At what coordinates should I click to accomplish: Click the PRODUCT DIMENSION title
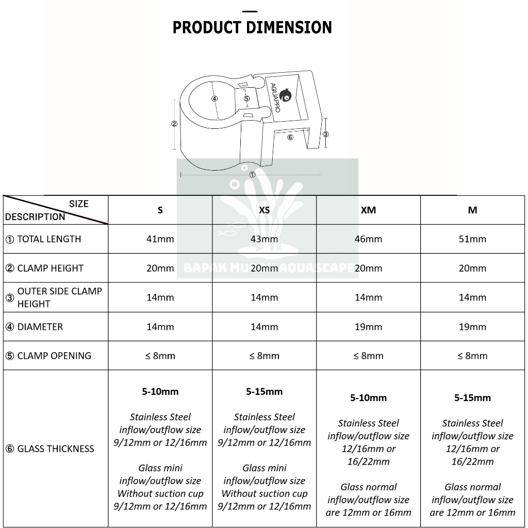coord(252,27)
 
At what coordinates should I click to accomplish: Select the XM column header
coord(368,210)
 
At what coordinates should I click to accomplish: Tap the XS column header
coord(264,210)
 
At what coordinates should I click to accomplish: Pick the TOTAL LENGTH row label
coord(49,239)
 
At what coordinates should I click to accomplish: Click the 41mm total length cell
coord(160,239)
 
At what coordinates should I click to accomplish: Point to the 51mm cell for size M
coord(472,239)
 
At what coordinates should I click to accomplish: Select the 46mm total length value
coord(368,239)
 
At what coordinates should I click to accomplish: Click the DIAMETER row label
coord(40,327)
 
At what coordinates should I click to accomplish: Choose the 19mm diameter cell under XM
coord(368,327)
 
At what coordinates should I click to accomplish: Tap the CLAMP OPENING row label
coord(54,356)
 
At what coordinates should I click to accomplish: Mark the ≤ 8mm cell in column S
coord(160,356)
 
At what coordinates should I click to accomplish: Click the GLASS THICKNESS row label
coord(56,449)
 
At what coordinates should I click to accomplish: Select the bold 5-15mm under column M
coord(472,398)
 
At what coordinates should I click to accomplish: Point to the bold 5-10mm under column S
coord(160,391)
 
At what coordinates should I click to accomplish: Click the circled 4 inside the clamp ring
coord(214,98)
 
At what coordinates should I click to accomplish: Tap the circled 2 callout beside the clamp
coord(174,124)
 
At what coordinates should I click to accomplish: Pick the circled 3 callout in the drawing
coord(325,134)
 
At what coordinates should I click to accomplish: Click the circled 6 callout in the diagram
coord(290,137)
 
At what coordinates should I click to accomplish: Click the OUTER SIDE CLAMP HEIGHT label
coord(59,298)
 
